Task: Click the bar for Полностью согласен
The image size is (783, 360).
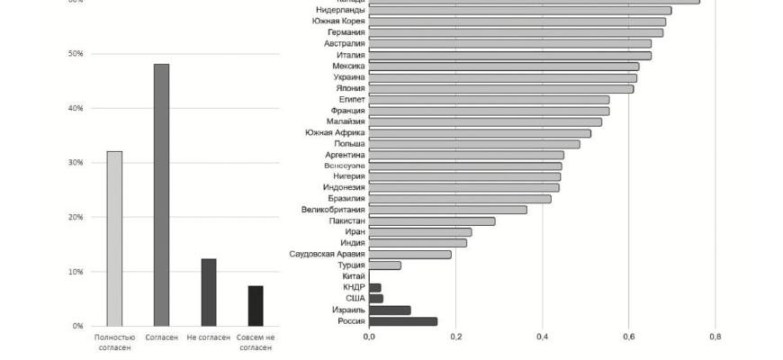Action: pos(114,238)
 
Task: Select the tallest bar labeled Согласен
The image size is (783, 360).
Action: pos(161,194)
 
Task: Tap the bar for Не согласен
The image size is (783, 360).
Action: pos(208,292)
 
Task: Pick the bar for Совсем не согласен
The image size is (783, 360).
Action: pos(256,306)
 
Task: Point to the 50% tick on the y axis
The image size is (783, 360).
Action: pos(76,54)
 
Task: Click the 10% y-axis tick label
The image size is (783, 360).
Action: pos(76,272)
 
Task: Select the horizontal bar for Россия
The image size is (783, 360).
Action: pos(402,321)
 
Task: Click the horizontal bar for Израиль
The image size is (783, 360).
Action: pos(390,310)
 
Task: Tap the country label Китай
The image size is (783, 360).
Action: pos(354,276)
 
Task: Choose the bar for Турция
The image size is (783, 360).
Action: pos(384,265)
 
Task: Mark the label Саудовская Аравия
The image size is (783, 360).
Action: pos(327,254)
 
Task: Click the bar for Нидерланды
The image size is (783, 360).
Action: pos(519,11)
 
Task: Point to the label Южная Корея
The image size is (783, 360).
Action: pos(337,21)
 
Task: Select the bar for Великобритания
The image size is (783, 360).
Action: pos(447,210)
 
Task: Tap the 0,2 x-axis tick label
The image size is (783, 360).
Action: pos(455,337)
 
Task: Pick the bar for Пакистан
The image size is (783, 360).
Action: pos(431,220)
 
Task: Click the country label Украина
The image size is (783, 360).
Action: pos(349,76)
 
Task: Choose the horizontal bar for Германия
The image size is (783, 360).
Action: pos(515,32)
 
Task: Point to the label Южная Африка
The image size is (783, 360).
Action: pos(335,132)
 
